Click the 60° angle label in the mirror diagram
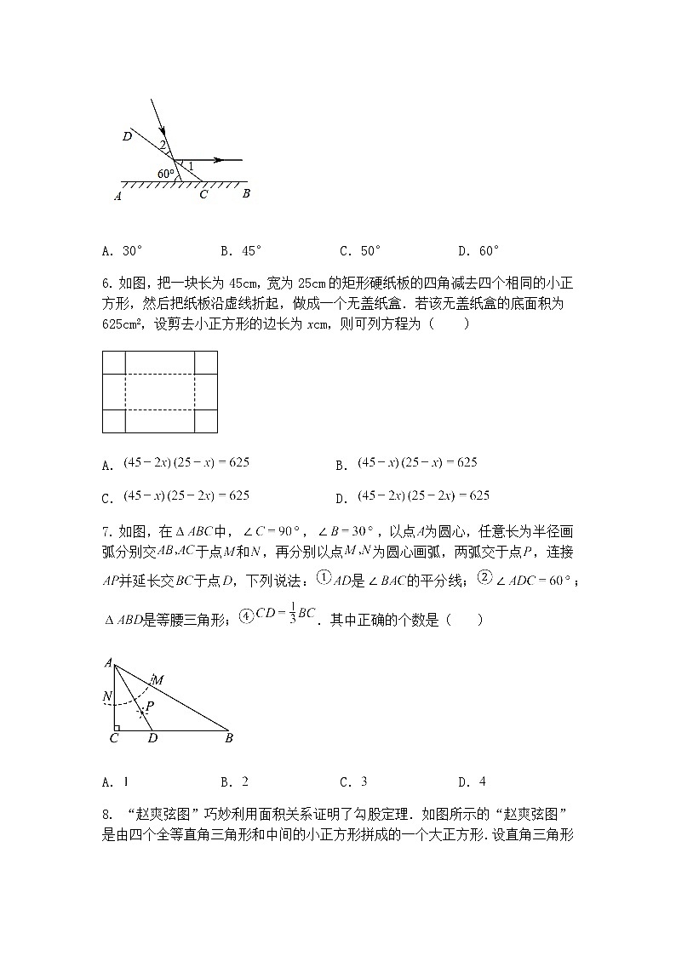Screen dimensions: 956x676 coord(165,174)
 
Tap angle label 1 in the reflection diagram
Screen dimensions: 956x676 coord(191,165)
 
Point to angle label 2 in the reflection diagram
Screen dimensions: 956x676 coord(163,146)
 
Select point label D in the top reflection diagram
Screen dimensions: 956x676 coord(126,135)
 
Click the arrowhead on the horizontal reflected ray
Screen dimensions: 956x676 coord(218,159)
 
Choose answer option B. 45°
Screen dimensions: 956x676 coord(241,251)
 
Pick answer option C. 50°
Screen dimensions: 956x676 coord(360,251)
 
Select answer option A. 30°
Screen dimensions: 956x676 coord(122,251)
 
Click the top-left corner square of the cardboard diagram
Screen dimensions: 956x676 coord(113,363)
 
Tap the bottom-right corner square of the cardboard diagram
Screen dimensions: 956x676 coord(206,421)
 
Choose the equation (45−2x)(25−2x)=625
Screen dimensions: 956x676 coord(423,495)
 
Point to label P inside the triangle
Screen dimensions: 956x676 coord(150,706)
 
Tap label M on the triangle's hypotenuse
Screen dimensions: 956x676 coord(158,678)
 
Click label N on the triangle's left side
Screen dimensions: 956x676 coord(106,696)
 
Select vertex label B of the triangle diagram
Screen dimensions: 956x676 coord(229,738)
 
